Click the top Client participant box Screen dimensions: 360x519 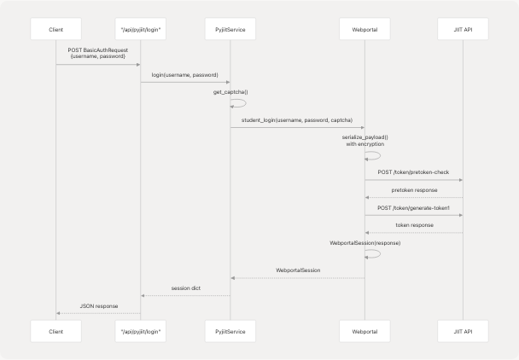(55, 32)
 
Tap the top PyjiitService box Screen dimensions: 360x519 (230, 32)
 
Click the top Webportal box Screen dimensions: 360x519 (364, 32)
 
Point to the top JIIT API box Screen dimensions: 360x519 (463, 32)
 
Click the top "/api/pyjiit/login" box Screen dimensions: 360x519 (140, 32)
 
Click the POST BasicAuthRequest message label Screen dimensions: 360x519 (98, 52)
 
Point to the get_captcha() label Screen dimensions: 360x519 (230, 92)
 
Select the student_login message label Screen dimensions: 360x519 (297, 120)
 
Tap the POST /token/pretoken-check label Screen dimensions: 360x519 (414, 171)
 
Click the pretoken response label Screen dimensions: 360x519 (414, 190)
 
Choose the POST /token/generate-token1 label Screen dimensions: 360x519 (414, 208)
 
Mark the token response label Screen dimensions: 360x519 (414, 225)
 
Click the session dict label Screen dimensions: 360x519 (185, 288)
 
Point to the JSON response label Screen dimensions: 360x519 (98, 305)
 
